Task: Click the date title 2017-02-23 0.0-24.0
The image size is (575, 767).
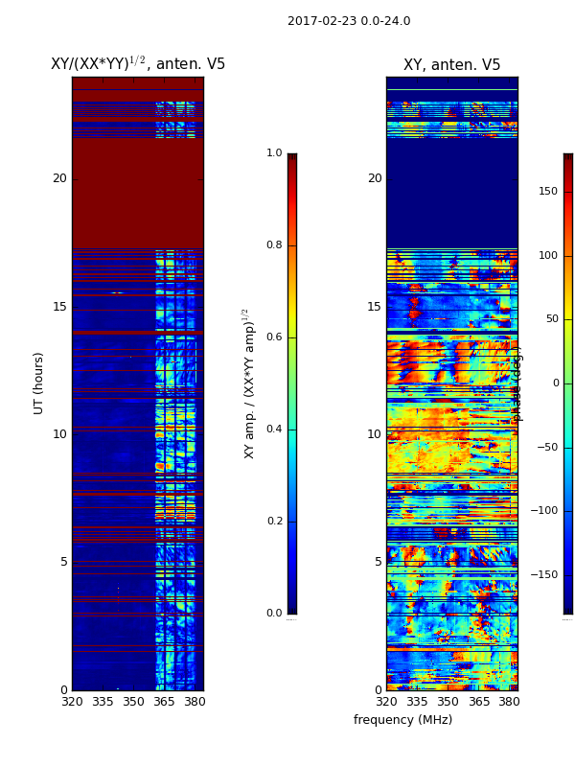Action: [x=349, y=21]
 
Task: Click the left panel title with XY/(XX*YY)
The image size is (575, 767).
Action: [x=138, y=64]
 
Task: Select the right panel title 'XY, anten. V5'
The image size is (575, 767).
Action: [x=451, y=65]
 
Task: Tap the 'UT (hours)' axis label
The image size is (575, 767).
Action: [x=39, y=383]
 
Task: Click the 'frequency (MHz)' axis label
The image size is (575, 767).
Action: [x=402, y=720]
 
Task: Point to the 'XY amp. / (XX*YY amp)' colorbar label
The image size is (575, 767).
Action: [x=249, y=383]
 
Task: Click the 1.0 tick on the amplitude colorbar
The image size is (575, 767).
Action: [x=274, y=153]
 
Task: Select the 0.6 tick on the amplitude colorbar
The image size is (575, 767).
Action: [x=274, y=337]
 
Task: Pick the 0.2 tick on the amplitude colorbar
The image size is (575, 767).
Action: [x=274, y=522]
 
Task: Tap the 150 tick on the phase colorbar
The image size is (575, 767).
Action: [x=547, y=191]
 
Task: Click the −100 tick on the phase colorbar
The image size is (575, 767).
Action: [x=544, y=511]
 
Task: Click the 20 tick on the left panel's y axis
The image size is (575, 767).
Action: [x=59, y=178]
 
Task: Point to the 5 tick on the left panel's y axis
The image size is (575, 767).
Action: [x=62, y=562]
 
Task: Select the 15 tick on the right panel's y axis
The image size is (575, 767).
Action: [x=374, y=307]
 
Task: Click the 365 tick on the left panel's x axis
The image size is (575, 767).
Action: [x=164, y=701]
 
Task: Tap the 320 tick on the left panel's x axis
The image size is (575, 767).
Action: [x=72, y=701]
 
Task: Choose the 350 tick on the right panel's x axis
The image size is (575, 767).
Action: [x=448, y=701]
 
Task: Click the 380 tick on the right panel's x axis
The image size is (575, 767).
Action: [x=509, y=701]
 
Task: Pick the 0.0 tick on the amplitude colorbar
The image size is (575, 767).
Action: [x=274, y=614]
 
